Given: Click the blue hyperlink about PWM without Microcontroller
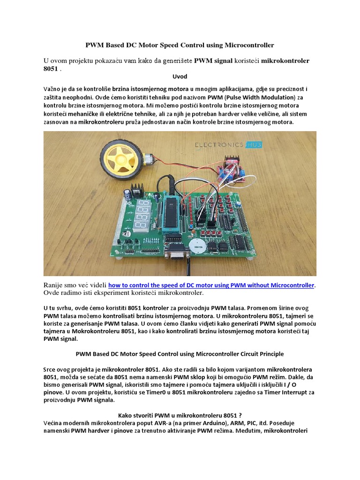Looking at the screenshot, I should [x=212, y=285].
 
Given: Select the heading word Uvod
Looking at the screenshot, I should [x=180, y=76].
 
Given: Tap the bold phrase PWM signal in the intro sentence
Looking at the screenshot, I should [x=214, y=61].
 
